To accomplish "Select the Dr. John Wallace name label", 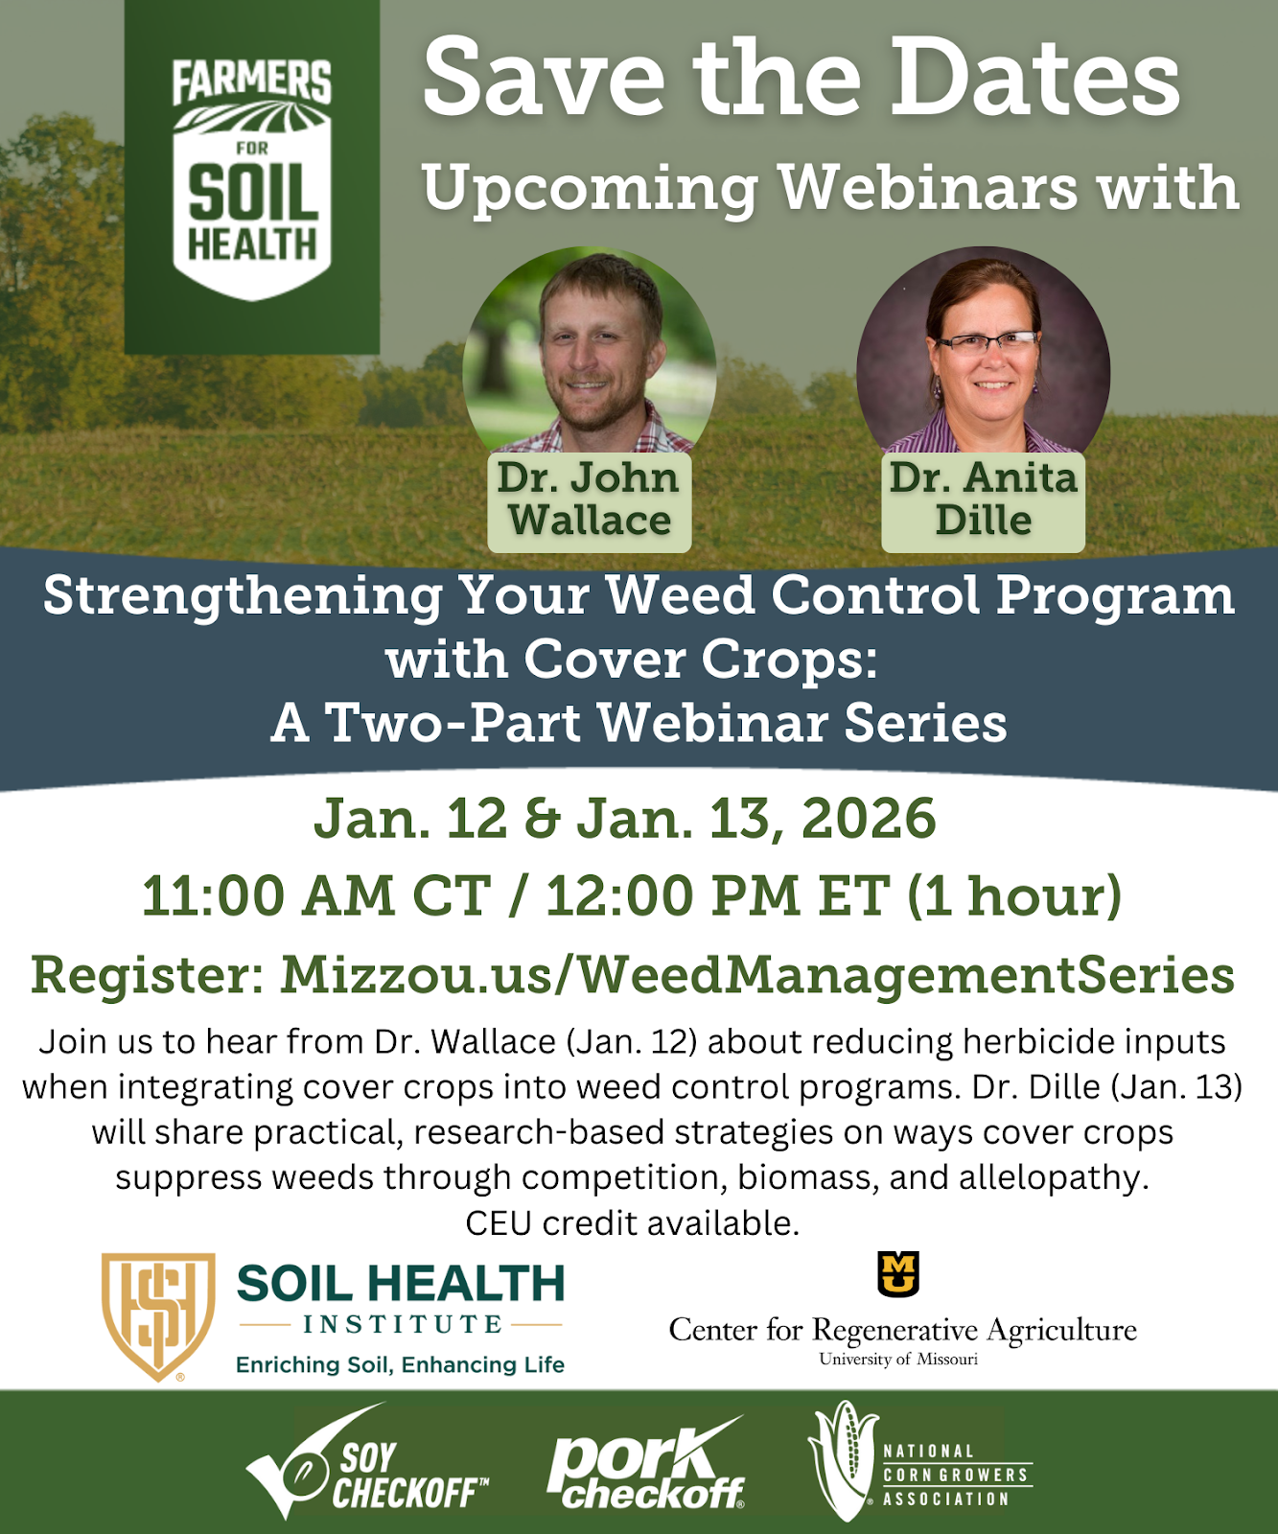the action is pyautogui.click(x=590, y=500).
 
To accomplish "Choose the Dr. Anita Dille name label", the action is pyautogui.click(x=983, y=500).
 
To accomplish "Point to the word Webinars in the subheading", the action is pyautogui.click(x=928, y=187).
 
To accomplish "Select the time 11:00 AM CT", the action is pyautogui.click(x=316, y=895).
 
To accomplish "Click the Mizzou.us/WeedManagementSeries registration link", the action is pyautogui.click(x=757, y=975).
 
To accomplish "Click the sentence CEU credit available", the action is pyautogui.click(x=633, y=1223).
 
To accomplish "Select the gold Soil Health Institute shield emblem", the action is pyautogui.click(x=158, y=1316).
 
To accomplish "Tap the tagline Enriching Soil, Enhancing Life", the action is pyautogui.click(x=400, y=1364).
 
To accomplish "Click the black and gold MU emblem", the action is pyautogui.click(x=898, y=1274).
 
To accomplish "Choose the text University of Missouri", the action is pyautogui.click(x=898, y=1359).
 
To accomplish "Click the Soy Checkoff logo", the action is pyautogui.click(x=367, y=1462).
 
